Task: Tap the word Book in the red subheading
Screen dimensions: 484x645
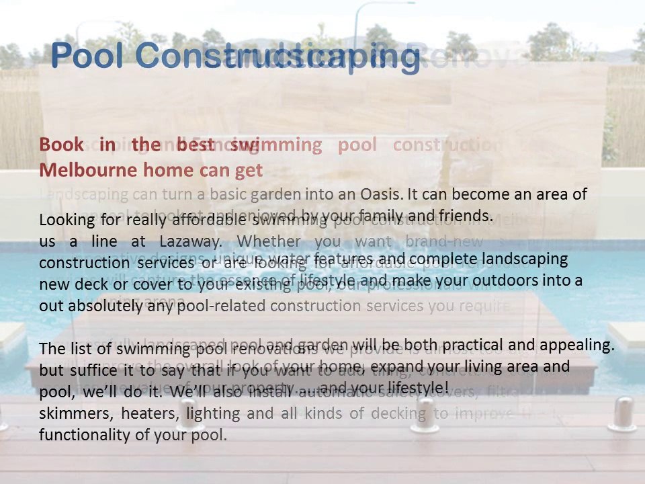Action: coord(61,145)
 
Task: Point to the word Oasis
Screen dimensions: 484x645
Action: coord(380,194)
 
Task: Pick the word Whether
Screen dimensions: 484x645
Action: coord(268,241)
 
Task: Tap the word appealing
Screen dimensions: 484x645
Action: coord(582,345)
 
